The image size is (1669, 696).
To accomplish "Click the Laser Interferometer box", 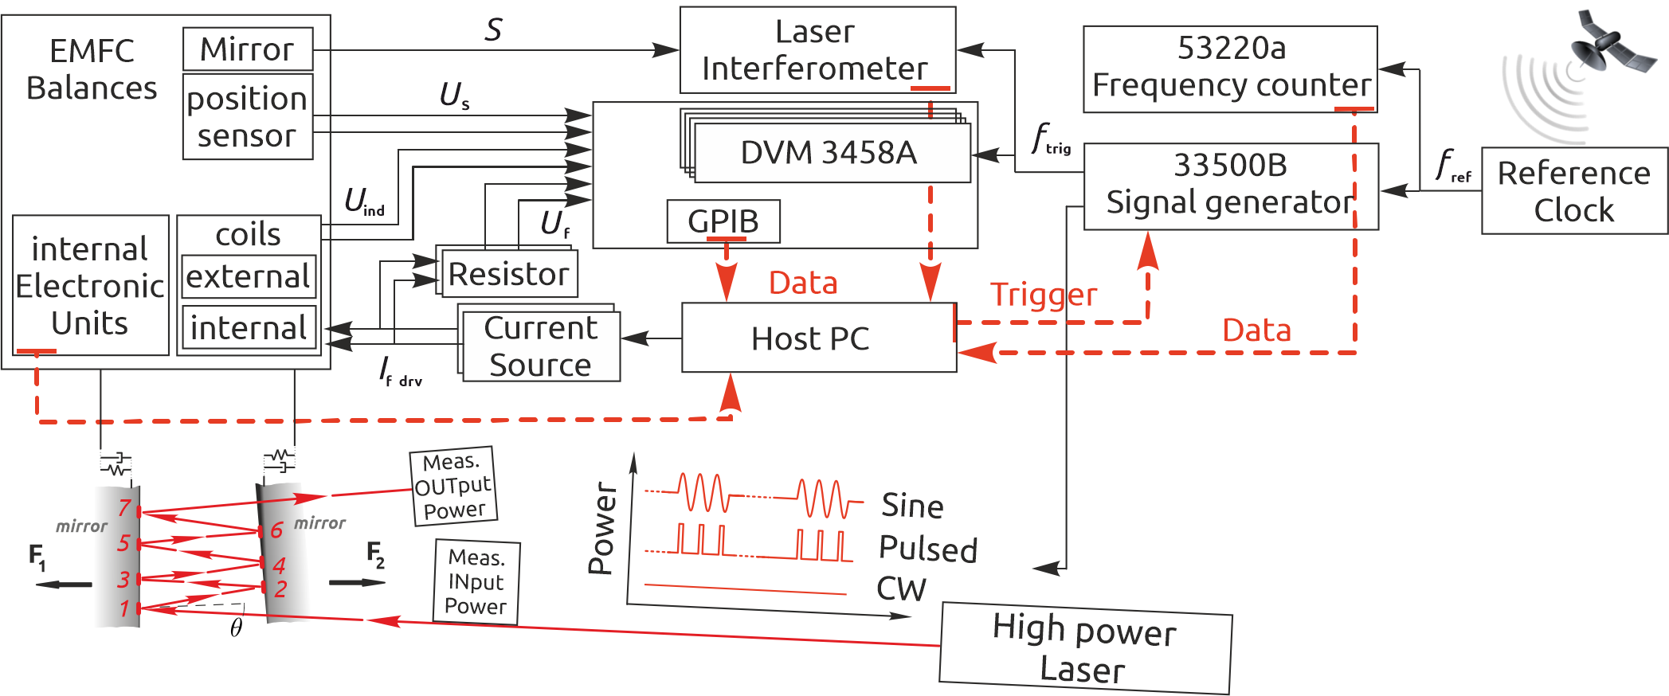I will [x=817, y=50].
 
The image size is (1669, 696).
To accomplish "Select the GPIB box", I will [x=723, y=221].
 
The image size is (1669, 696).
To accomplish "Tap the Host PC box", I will [x=818, y=338].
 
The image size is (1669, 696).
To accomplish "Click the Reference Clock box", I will [x=1573, y=191].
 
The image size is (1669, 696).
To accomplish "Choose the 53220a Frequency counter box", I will [x=1229, y=68].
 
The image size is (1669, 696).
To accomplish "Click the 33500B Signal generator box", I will [x=1230, y=186].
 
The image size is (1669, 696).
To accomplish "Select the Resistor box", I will [x=508, y=274].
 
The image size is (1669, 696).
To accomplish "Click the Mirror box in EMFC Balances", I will [x=247, y=49].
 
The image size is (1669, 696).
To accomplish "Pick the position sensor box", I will [x=247, y=117].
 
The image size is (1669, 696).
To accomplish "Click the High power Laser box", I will [x=1084, y=648].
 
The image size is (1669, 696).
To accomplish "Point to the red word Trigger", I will [x=1044, y=295].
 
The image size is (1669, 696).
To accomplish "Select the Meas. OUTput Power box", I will [x=453, y=486].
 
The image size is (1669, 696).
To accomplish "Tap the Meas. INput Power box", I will [x=476, y=581].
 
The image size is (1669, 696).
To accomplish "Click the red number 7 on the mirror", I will [x=124, y=507].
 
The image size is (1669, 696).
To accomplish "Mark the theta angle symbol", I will [x=236, y=628].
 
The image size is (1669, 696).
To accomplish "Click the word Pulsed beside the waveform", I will [x=927, y=549].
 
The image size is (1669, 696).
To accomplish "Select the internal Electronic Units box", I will [x=90, y=285].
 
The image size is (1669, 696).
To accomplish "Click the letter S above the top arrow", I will [x=493, y=30].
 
